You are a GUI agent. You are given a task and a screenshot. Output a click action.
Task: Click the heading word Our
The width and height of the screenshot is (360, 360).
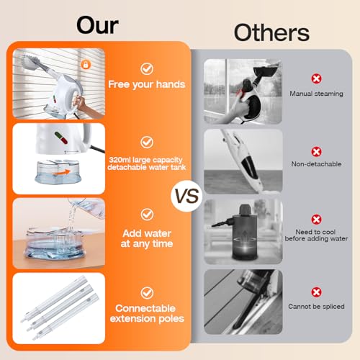point(97,25)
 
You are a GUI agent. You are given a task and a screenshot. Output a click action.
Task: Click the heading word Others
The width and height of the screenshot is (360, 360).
point(271,32)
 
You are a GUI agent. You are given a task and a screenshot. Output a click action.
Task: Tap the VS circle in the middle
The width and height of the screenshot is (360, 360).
point(186,196)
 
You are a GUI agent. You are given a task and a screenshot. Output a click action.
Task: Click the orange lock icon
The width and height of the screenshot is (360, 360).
point(86,65)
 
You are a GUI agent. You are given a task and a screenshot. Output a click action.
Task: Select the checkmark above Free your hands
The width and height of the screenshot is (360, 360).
point(147,69)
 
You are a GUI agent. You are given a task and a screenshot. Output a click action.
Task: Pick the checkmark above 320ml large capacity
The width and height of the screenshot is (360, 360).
point(147,143)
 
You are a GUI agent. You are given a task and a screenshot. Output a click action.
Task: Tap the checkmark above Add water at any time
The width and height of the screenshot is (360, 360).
point(147,215)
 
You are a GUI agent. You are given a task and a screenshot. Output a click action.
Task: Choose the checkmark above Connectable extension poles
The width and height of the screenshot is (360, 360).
point(147,293)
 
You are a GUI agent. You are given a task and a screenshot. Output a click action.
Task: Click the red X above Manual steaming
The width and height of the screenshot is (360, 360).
point(316,78)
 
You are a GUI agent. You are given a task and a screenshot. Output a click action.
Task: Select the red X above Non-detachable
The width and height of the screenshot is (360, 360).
point(316,152)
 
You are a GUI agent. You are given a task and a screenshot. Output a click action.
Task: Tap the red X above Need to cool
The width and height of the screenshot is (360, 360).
point(316,220)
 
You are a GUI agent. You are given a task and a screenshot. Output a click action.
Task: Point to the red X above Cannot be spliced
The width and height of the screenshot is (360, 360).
point(316,292)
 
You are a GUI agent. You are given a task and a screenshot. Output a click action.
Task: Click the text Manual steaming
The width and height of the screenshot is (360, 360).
point(316,94)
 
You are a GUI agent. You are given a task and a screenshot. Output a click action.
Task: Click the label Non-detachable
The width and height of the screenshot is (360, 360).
point(316,164)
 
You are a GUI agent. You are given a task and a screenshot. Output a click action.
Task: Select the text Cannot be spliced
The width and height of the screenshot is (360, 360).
point(316,307)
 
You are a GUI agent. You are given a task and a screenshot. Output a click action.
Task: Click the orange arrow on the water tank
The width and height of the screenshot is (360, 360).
point(62,172)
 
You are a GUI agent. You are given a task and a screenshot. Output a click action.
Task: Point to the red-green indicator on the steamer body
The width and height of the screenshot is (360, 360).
point(61,138)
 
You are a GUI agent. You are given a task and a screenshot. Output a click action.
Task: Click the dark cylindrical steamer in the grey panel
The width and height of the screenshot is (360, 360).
point(244,232)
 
